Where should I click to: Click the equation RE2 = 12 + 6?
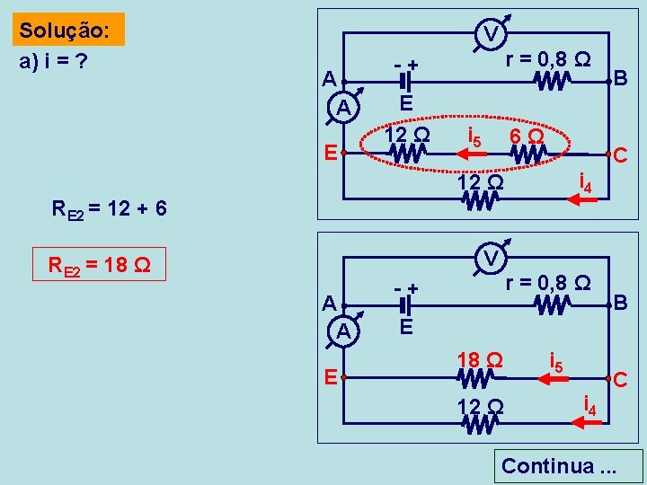(x=109, y=210)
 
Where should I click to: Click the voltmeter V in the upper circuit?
(x=491, y=33)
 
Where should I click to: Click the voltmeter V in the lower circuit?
(x=491, y=258)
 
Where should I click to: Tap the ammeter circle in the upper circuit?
(x=344, y=108)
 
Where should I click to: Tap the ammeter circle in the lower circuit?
(x=344, y=331)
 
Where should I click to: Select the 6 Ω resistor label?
(x=525, y=136)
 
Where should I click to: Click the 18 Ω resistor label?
(x=478, y=359)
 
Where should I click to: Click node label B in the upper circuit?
(x=620, y=79)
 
